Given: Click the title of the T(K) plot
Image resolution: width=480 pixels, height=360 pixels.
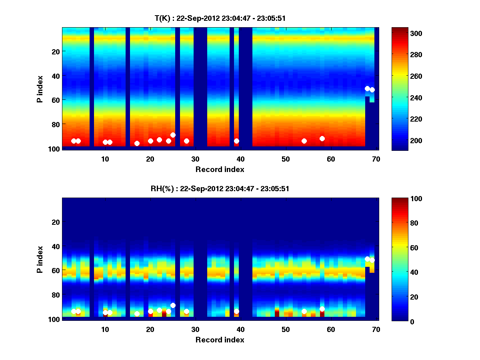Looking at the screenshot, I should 220,18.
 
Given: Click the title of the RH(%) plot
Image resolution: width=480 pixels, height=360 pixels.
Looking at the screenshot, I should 220,189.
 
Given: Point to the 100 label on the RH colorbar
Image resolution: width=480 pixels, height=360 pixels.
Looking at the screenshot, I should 402,199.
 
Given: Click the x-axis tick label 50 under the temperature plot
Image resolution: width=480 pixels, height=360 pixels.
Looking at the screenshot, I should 286,159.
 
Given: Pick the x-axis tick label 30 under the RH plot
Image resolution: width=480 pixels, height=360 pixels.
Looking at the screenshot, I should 195,330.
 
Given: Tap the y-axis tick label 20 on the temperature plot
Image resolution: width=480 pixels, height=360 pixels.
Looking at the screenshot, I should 55,51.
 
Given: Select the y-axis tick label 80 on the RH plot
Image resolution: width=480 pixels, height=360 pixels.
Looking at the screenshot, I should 55,295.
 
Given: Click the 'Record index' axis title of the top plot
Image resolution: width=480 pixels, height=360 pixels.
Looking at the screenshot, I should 220,169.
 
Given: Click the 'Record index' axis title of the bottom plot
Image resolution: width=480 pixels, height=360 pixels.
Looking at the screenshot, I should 220,340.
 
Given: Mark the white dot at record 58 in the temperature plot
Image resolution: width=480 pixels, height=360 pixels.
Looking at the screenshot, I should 322,138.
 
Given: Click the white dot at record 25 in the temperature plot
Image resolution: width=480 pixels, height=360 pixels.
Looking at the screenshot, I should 173,135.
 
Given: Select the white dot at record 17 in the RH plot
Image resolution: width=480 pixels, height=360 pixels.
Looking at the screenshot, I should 137,314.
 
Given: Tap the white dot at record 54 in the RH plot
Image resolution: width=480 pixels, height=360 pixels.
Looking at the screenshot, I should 304,311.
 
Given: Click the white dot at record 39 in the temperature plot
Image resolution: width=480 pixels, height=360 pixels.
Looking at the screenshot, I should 236,141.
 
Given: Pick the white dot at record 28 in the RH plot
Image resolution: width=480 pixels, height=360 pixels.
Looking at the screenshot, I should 186,311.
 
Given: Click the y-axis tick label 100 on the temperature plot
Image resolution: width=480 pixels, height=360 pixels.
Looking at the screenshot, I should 54,149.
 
